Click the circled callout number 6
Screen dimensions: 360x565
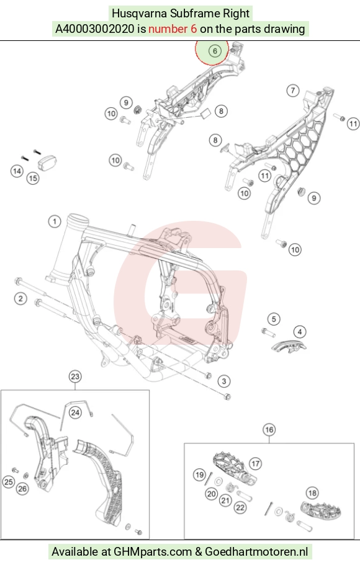tap(215, 51)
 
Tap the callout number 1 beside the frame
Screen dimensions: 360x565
tap(55, 221)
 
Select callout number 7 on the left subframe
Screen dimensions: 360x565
tap(293, 91)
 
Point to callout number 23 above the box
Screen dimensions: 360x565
tap(75, 376)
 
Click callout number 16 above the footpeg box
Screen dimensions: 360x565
tap(269, 430)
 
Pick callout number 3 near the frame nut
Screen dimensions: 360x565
tap(224, 381)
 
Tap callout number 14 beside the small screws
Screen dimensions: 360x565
tap(17, 171)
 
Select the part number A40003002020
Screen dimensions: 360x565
tap(94, 29)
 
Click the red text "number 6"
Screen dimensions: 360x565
tap(173, 29)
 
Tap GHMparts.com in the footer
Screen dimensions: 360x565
tap(153, 552)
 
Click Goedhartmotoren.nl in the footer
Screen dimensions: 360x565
tap(256, 552)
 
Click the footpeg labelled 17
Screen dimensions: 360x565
tap(234, 468)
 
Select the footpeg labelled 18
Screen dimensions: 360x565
tap(321, 510)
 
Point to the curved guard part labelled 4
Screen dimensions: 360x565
tap(289, 347)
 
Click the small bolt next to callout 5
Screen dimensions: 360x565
tap(268, 331)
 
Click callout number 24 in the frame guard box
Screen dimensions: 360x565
tap(75, 412)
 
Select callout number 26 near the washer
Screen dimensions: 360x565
tap(22, 489)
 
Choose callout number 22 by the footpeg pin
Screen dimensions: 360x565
tap(240, 508)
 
